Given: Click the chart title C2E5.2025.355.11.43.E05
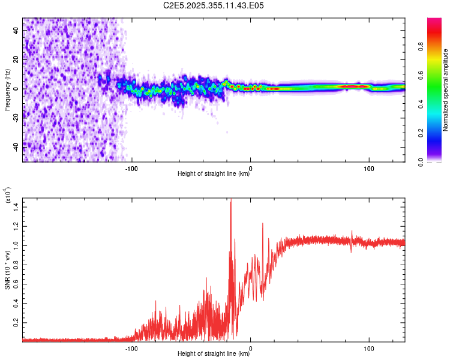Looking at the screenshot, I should click(x=214, y=5).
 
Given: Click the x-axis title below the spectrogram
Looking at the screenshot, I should click(x=214, y=174).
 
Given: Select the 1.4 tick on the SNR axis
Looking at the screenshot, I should click(x=16, y=206).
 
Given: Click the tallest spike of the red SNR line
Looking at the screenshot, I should click(x=231, y=200).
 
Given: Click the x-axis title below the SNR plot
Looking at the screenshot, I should click(x=214, y=355).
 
